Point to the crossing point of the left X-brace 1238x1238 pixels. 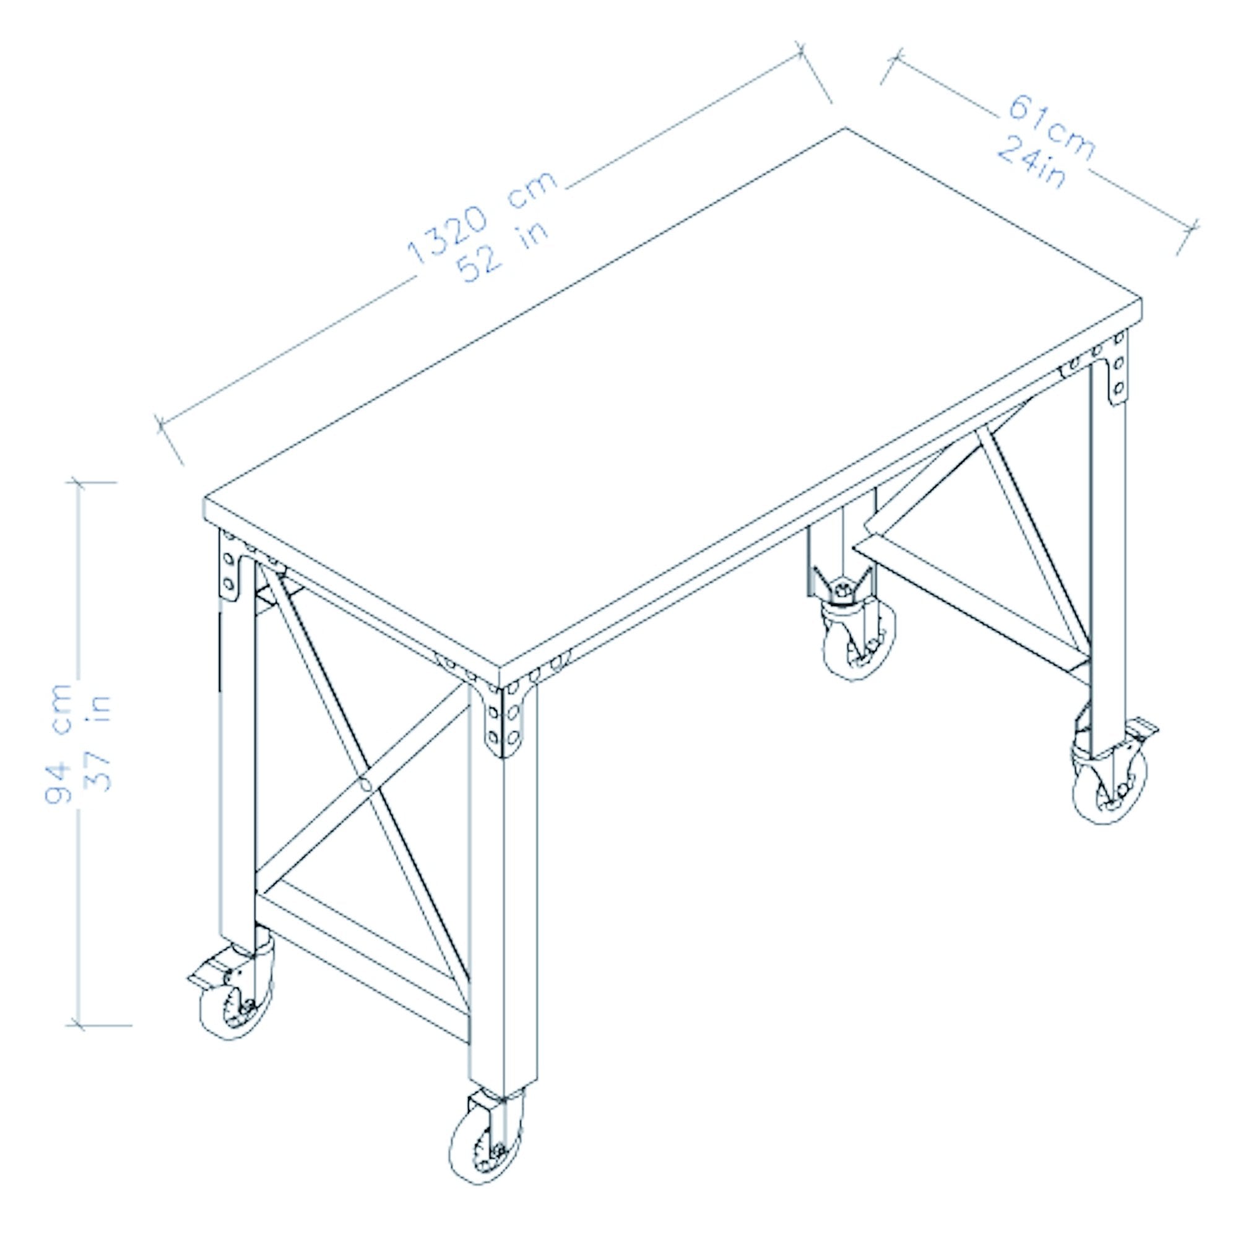tap(366, 783)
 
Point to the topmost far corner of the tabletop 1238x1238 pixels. tap(844, 129)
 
